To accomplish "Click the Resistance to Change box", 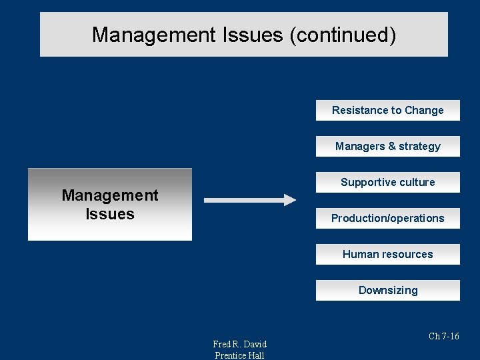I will tap(387, 111).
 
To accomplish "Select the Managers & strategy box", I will tap(387, 147).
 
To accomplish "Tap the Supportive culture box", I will tap(387, 183).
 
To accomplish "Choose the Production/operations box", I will tap(387, 219).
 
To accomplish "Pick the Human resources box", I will tap(387, 255).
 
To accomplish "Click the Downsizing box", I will tap(387, 291).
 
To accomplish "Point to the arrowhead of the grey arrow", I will tap(289, 200).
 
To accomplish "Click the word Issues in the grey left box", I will tap(110, 214).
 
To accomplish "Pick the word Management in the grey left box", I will tap(110, 195).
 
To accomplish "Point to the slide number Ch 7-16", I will tap(443, 337).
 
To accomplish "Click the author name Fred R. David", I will tap(239, 344).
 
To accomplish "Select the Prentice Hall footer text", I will tap(239, 355).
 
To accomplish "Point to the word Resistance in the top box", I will tap(357, 111).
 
